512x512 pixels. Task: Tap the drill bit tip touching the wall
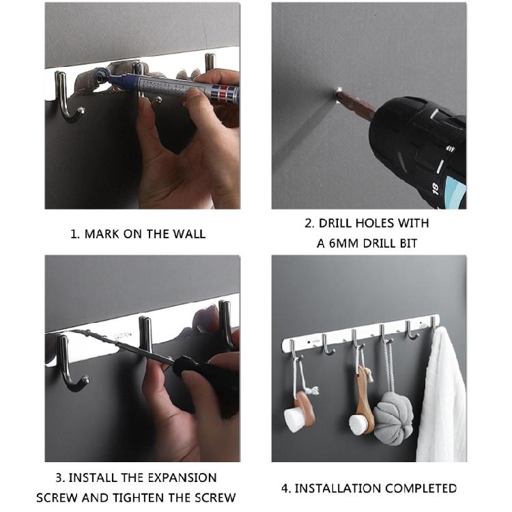(339, 91)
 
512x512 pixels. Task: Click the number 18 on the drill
(435, 188)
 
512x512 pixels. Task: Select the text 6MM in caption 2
(343, 244)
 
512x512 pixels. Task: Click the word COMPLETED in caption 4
(421, 488)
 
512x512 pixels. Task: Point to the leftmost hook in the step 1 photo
(68, 98)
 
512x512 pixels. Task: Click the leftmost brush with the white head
(300, 412)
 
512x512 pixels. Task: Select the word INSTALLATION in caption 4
(337, 488)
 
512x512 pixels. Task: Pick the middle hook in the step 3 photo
(145, 336)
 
